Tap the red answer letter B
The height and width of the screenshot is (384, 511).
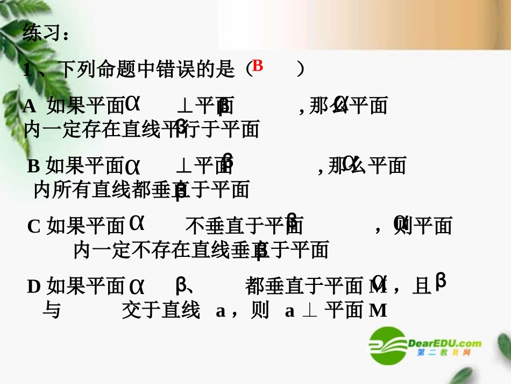[x=257, y=66]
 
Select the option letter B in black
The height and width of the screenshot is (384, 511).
[x=33, y=166]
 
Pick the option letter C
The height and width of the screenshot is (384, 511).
[x=34, y=227]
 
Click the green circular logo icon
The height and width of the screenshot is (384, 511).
[x=387, y=346]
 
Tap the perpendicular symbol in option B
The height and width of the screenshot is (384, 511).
[x=184, y=166]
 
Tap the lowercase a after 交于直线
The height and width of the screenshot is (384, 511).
[x=220, y=311]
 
